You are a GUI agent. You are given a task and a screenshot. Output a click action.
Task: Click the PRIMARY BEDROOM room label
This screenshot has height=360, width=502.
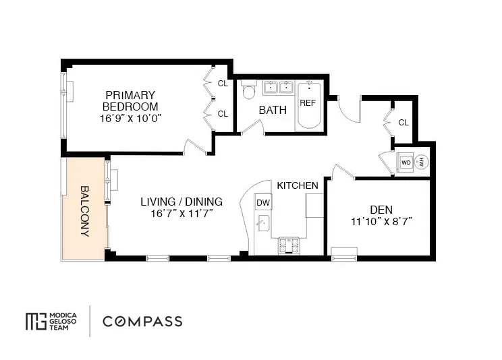(130, 100)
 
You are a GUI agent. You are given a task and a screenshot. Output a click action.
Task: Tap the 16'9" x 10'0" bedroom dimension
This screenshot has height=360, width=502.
(130, 117)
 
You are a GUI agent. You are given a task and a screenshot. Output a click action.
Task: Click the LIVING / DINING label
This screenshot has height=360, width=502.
(181, 202)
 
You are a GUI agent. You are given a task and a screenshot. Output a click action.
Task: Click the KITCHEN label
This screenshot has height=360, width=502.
(297, 185)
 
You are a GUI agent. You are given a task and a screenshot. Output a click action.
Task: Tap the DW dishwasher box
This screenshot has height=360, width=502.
(262, 202)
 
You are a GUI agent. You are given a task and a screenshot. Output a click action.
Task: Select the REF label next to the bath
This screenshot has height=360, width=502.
(308, 103)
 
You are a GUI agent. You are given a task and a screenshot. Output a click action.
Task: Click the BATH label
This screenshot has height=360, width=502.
(273, 110)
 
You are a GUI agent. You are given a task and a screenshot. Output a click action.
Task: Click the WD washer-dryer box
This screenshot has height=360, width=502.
(406, 162)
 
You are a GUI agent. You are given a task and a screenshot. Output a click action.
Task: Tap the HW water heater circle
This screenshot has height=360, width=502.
(421, 162)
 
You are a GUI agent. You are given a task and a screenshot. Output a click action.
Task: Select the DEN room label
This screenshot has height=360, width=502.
(381, 209)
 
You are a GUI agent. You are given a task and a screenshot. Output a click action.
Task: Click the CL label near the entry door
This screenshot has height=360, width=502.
(403, 122)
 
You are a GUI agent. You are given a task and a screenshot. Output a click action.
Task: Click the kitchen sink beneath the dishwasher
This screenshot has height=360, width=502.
(262, 223)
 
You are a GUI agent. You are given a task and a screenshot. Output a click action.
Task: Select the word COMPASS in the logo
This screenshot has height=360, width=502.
(142, 321)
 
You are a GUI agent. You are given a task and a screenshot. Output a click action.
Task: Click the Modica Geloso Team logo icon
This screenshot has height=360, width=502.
(34, 321)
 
